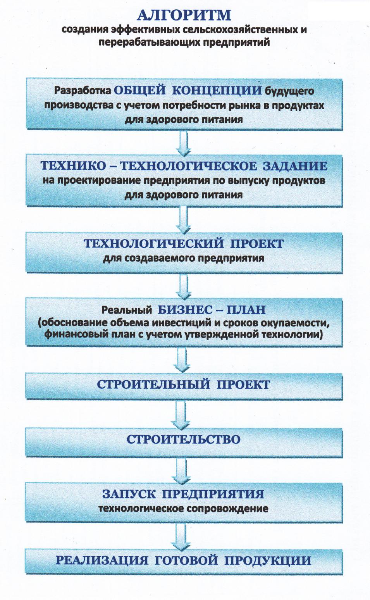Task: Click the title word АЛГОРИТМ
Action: [x=184, y=15]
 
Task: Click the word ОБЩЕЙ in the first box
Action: [x=140, y=91]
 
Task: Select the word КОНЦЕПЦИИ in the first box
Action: [x=217, y=91]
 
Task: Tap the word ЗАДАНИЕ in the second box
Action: [x=295, y=166]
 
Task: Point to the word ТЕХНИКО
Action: [x=73, y=166]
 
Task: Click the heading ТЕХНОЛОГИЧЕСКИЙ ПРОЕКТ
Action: [x=184, y=244]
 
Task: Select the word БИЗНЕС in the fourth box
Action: [x=185, y=310]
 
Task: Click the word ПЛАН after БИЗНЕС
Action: [x=246, y=310]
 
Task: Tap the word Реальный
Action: [x=127, y=310]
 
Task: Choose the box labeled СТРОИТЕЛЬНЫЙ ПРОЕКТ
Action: [x=184, y=386]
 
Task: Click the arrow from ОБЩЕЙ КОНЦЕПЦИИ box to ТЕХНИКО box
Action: [x=184, y=143]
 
